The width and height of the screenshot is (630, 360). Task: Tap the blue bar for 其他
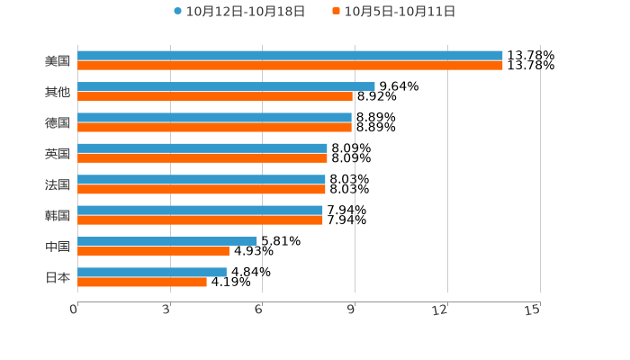226,86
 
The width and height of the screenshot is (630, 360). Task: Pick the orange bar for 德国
214,127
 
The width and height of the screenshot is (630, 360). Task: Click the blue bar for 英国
202,148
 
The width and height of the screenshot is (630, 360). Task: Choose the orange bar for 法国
202,189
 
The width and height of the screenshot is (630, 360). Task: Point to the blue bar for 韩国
200,211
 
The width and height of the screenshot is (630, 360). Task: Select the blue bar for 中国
167,241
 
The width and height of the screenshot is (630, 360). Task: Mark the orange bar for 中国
153,251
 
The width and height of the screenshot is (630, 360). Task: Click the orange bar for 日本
142,282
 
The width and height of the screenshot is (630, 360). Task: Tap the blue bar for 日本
152,272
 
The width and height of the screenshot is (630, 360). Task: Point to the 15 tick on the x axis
533,310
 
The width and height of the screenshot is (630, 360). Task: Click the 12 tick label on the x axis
440,310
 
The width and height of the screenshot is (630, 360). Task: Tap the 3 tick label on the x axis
166,310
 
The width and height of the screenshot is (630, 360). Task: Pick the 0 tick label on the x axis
75,310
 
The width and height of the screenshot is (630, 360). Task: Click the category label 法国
58,184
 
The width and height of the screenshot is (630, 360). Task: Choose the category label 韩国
58,215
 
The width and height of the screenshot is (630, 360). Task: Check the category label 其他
58,92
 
